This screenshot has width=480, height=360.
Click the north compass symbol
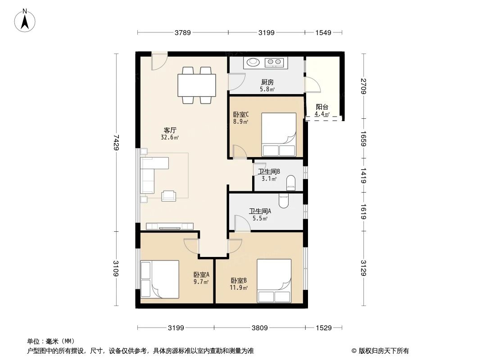[26, 21]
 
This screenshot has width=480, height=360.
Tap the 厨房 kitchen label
[267, 82]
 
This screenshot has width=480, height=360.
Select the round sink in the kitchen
[253, 62]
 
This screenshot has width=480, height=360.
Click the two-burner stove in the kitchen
[274, 62]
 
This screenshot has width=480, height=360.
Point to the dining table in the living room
[196, 85]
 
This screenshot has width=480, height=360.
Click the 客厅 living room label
[170, 130]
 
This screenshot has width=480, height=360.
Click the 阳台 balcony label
[322, 107]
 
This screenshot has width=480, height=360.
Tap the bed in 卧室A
[160, 279]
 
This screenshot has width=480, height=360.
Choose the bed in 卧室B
[274, 281]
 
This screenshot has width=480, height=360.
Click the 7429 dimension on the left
[116, 143]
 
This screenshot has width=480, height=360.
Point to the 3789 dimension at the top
[183, 32]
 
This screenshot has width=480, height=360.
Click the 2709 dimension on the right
[364, 86]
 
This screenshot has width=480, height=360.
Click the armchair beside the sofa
[169, 195]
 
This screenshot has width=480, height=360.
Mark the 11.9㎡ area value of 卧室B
[239, 288]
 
